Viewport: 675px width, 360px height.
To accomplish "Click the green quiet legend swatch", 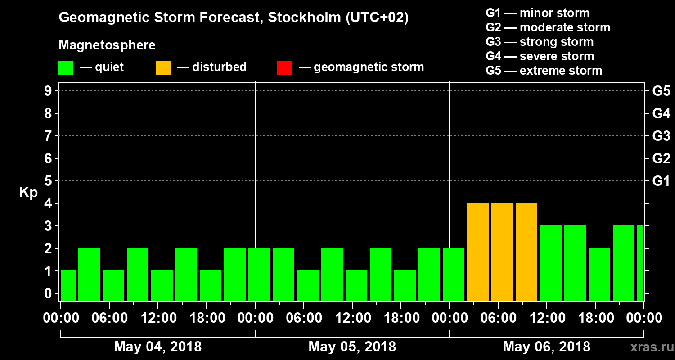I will click(x=66, y=67).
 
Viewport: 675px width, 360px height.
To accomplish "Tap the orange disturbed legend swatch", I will click(x=163, y=67).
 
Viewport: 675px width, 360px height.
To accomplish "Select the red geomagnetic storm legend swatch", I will click(x=284, y=67).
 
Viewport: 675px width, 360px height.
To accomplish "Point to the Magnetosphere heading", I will click(x=107, y=45).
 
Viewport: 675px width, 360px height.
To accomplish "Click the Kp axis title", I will click(x=28, y=193).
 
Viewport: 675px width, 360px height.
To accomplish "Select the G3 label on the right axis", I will click(x=661, y=136).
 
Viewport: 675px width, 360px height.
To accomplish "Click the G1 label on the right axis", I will click(x=661, y=181).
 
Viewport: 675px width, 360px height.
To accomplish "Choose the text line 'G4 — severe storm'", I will click(x=540, y=56).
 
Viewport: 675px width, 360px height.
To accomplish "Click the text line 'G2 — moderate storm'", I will click(x=548, y=27).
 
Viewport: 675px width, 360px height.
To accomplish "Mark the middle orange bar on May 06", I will click(x=502, y=252).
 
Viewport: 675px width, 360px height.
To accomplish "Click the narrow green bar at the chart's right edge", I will click(x=640, y=263).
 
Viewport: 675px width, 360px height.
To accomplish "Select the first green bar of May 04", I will click(x=68, y=285).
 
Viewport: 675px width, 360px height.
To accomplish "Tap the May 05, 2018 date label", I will click(x=352, y=347).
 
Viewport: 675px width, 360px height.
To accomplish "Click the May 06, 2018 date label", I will click(x=546, y=347).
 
